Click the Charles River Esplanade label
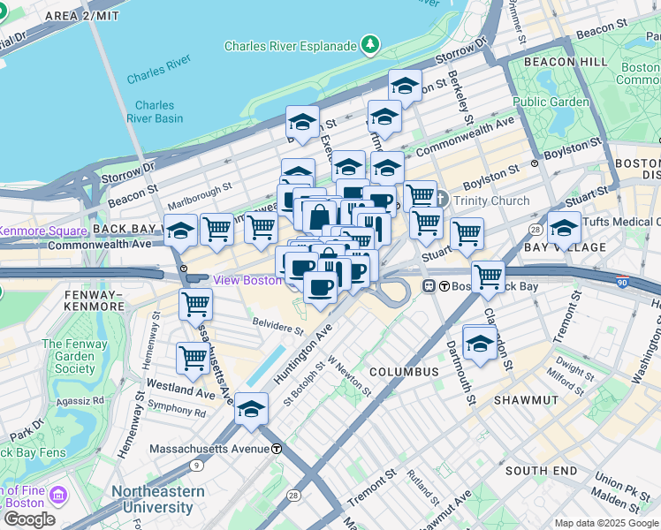tap(290, 46)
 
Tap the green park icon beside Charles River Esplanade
tap(371, 44)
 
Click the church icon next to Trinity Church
tap(444, 201)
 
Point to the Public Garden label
tap(551, 102)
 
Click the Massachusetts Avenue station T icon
tap(277, 448)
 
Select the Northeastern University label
tap(157, 499)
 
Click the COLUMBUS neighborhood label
tap(405, 372)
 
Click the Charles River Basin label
tap(155, 111)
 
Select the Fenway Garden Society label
tap(68, 356)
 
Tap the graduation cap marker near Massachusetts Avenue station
tap(252, 408)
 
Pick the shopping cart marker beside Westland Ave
tap(193, 359)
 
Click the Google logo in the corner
tap(28, 519)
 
